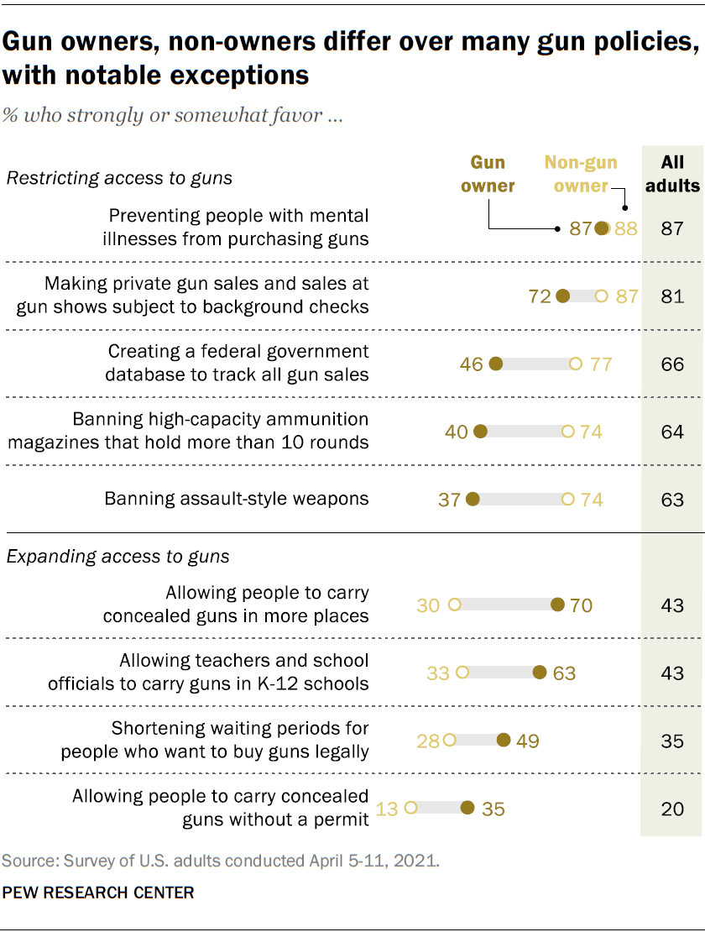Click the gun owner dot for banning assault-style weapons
point(473,499)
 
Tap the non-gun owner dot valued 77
point(575,364)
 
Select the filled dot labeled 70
point(557,605)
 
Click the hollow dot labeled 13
point(410,809)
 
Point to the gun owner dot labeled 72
point(563,296)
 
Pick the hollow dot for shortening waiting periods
point(449,741)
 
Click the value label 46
point(472,364)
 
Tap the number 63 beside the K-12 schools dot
point(564,673)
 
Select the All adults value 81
point(672,296)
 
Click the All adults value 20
point(672,809)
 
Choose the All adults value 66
point(672,364)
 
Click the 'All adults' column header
point(672,173)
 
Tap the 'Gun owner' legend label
point(488,173)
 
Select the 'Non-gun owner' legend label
point(581,173)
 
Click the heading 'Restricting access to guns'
point(119,178)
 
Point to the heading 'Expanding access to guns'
point(118,557)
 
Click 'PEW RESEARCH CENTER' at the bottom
point(98,893)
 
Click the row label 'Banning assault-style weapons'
point(237,499)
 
